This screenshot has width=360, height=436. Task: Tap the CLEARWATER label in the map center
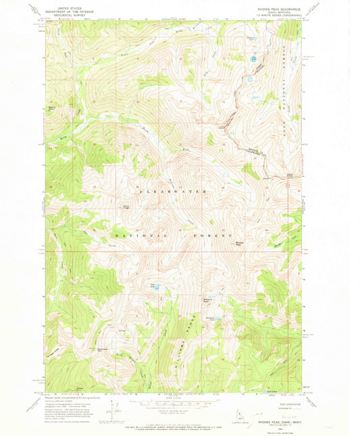172,192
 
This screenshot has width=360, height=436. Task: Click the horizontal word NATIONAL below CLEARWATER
138,235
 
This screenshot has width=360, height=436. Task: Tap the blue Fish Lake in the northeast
253,59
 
